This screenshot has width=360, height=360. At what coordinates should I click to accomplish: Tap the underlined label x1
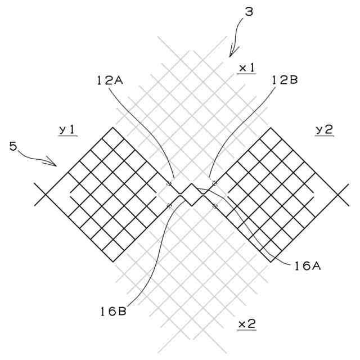point(247,68)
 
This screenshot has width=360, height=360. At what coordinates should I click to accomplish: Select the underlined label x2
point(247,325)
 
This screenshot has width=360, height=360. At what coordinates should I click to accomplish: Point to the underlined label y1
point(68,130)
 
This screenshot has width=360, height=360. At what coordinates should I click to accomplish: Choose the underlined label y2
point(324,130)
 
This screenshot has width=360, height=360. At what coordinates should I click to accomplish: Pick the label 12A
point(110,80)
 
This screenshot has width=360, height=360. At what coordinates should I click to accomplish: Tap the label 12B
point(285,80)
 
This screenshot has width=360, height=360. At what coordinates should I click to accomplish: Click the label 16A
point(307,267)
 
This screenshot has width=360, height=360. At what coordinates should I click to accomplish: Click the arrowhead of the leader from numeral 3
point(231,55)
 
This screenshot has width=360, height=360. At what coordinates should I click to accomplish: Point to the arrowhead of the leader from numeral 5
point(56,165)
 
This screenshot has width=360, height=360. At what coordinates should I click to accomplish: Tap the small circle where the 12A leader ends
point(169,183)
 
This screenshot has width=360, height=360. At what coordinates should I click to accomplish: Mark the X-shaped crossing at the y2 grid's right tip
point(339,195)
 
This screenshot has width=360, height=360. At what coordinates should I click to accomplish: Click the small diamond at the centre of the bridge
point(192,195)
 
